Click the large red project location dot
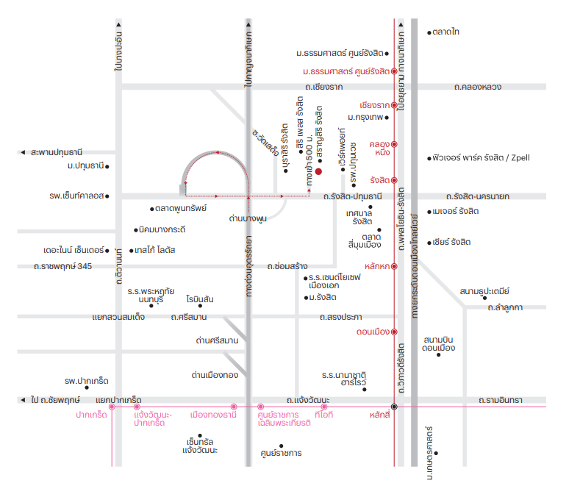[x=318, y=171]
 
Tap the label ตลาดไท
[x=446, y=32]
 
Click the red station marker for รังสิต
[x=394, y=180]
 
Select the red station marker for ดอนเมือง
[x=394, y=332]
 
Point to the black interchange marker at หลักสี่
[x=394, y=407]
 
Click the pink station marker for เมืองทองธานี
[x=234, y=407]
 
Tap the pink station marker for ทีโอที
[x=324, y=407]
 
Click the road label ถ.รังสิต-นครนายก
[x=478, y=196]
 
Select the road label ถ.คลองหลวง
[x=478, y=87]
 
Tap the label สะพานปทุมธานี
[x=57, y=152]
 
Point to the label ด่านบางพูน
[x=248, y=218]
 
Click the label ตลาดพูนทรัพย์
[x=181, y=208]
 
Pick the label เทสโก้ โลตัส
[x=155, y=250]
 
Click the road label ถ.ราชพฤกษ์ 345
[x=62, y=266]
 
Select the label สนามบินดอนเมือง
[x=438, y=343]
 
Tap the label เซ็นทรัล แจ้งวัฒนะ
[x=200, y=446]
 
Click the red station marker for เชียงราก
[x=394, y=105]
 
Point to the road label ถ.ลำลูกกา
[x=505, y=308]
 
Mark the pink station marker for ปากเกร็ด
[x=112, y=407]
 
